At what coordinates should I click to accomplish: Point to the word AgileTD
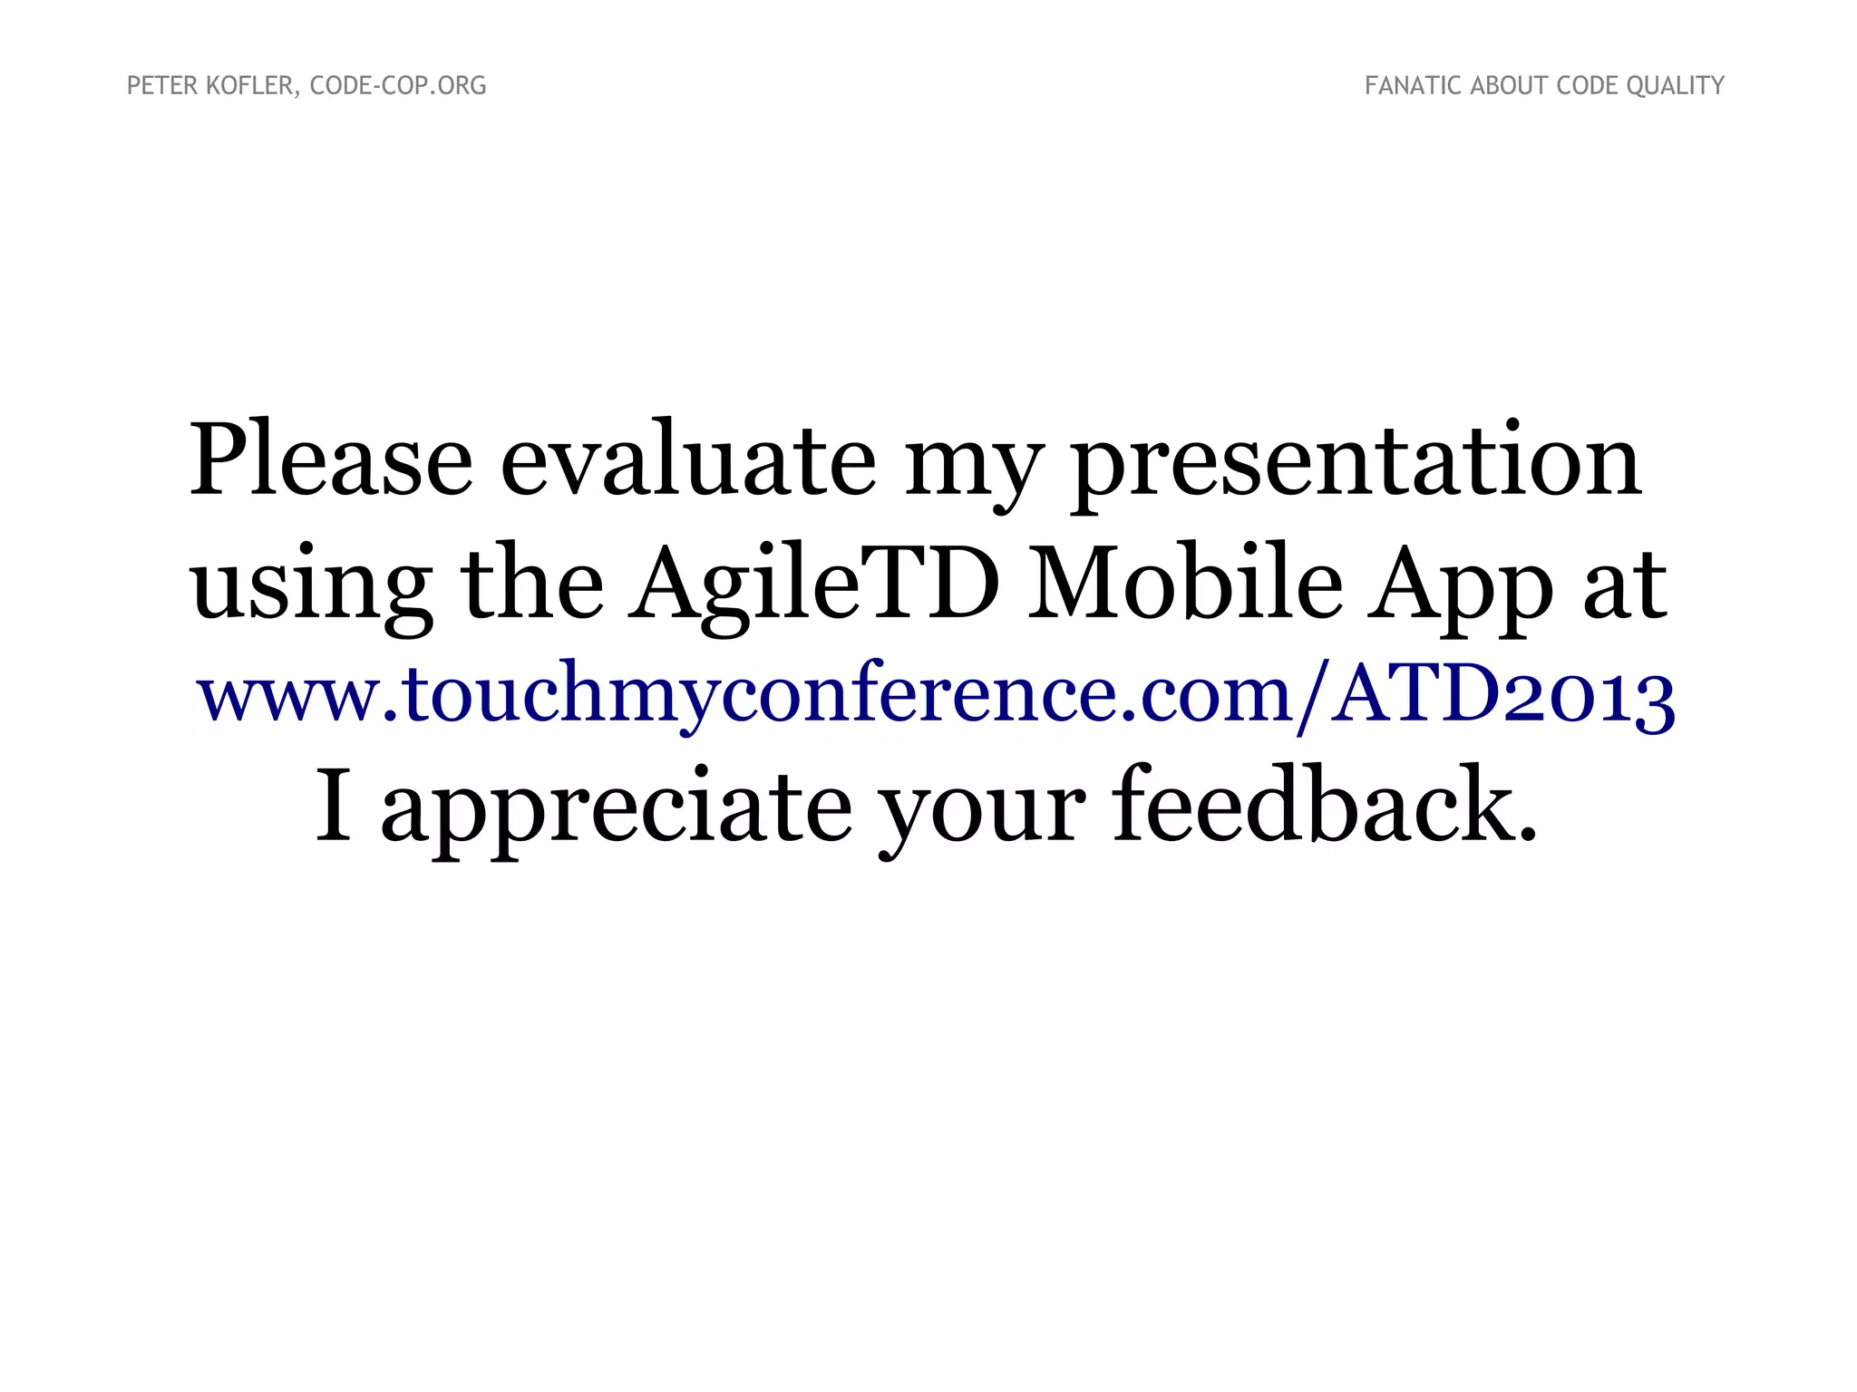[x=813, y=585]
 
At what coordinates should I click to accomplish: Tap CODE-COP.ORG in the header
[x=398, y=86]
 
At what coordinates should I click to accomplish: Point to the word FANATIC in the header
[x=1413, y=86]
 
